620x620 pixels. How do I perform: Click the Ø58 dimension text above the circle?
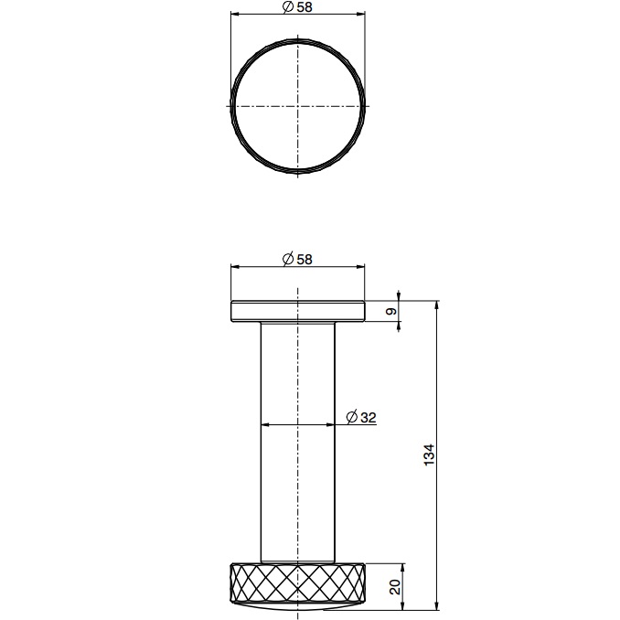tap(298, 7)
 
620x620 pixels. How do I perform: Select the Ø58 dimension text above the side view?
tap(298, 259)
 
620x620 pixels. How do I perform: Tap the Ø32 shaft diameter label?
tap(362, 417)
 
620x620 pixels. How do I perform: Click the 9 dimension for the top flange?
tap(391, 312)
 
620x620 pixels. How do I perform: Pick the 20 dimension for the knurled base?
tap(395, 586)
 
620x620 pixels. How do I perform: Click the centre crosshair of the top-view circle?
tap(298, 105)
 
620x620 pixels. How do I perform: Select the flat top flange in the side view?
tap(298, 311)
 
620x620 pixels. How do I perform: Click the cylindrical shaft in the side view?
tap(298, 439)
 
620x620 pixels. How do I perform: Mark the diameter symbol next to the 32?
tap(352, 417)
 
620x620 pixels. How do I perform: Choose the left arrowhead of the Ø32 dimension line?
tap(265, 424)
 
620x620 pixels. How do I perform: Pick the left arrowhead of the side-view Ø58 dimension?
tap(233, 267)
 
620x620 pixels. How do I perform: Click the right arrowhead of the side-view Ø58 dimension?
tap(363, 267)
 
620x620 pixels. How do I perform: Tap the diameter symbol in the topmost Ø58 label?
tap(288, 7)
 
